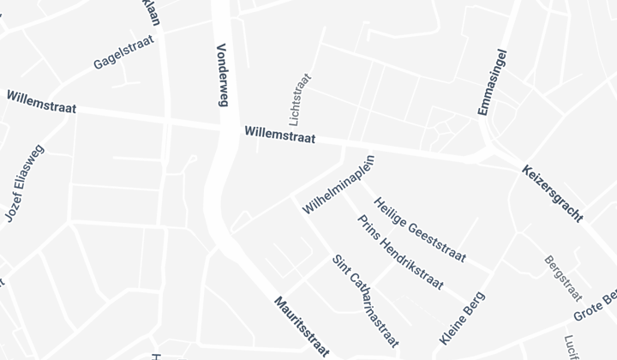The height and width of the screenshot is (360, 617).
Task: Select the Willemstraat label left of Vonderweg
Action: tap(41, 102)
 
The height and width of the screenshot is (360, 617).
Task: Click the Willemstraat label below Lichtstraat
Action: tap(279, 135)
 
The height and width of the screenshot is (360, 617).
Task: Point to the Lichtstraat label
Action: tap(300, 99)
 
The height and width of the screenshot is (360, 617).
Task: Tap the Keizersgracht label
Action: tap(553, 195)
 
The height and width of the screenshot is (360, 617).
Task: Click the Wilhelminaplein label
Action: tap(340, 184)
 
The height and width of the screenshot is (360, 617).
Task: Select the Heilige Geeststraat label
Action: tap(420, 231)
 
